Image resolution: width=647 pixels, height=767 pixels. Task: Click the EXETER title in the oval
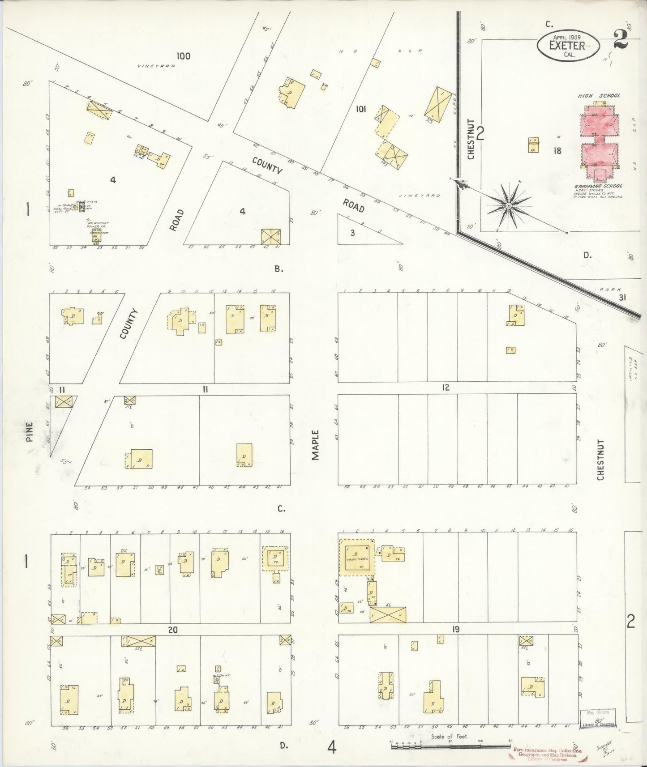[567, 45]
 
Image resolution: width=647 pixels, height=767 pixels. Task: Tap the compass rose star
[509, 205]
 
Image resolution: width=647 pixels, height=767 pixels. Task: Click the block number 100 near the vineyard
[183, 56]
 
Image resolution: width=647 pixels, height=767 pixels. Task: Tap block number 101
[360, 109]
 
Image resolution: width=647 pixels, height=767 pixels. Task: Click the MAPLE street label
[316, 445]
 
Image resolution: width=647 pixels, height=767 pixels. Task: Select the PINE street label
[30, 432]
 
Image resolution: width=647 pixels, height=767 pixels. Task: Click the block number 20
[173, 630]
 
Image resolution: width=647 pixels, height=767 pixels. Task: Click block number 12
[445, 388]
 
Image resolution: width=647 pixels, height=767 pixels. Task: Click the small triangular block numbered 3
[353, 233]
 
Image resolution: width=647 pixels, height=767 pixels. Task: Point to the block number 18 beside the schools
[557, 151]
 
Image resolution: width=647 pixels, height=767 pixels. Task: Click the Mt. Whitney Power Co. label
[95, 226]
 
